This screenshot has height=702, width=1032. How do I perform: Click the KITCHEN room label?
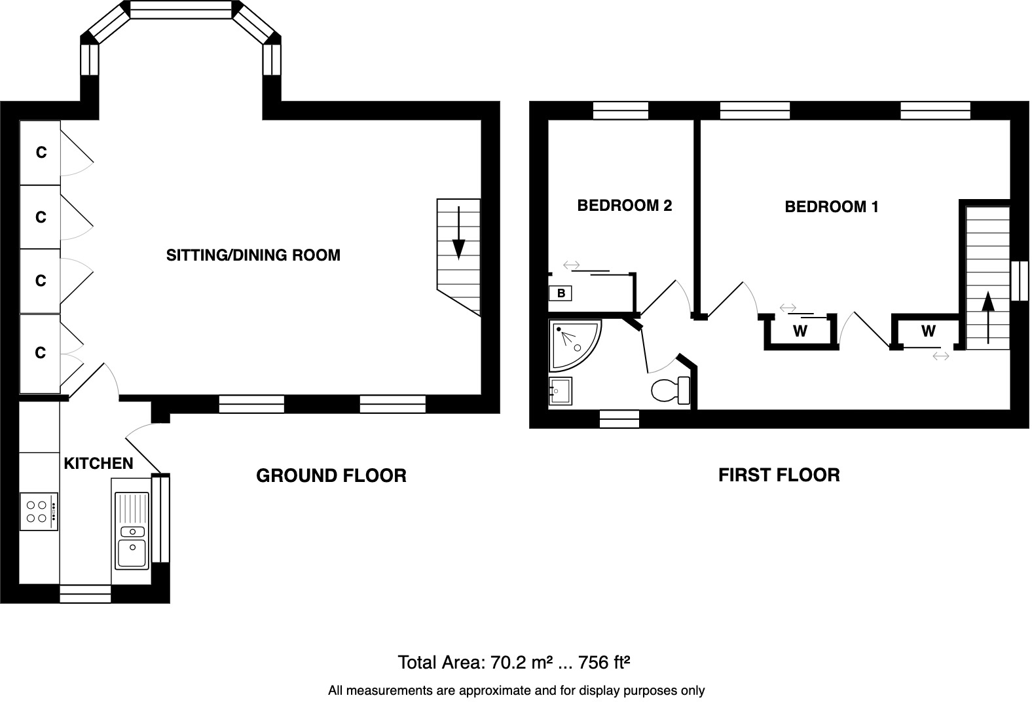[x=98, y=463]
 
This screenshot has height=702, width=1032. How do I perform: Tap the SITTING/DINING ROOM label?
[x=253, y=255]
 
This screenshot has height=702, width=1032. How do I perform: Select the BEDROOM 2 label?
[x=624, y=205]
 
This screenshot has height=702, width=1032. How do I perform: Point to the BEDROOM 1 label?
[x=831, y=207]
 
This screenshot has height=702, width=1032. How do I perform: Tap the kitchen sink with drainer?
[x=132, y=530]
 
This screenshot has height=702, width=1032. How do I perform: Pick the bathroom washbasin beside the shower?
[x=560, y=392]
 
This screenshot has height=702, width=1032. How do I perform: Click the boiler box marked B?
[x=561, y=293]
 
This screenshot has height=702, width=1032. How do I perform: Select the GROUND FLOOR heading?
[x=331, y=475]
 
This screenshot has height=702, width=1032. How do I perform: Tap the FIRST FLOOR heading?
[x=779, y=475]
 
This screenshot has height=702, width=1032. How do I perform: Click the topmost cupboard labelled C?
[x=41, y=153]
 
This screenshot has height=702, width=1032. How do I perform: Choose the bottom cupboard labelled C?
[x=41, y=354]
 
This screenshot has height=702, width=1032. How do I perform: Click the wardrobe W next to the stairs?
[x=928, y=331]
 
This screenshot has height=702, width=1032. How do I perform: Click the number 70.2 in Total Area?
[x=506, y=663]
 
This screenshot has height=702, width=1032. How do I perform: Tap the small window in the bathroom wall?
[x=619, y=418]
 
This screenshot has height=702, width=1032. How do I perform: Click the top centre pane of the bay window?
[x=181, y=9]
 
